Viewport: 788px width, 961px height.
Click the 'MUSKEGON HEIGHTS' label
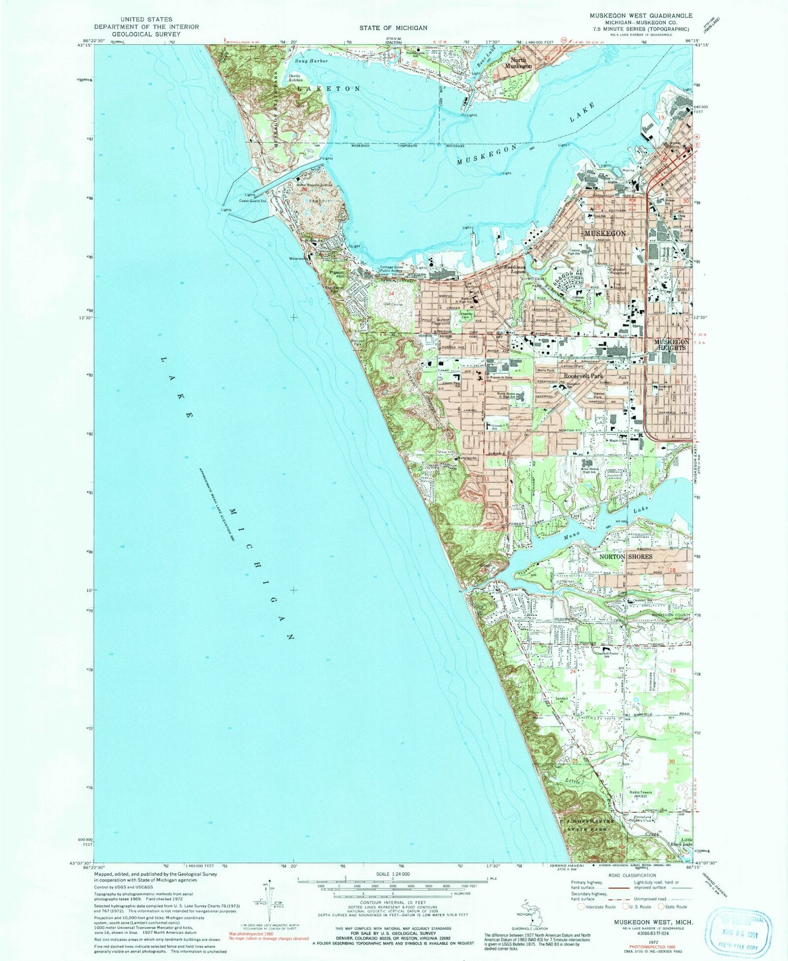[x=671, y=345]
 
